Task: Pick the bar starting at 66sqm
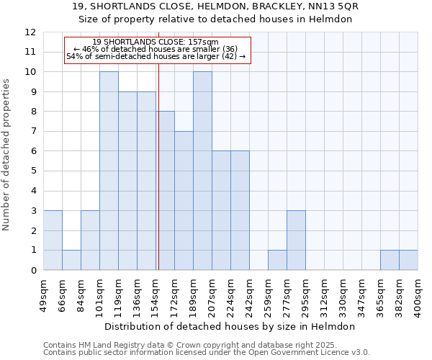coord(71,261)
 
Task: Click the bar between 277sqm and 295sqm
coord(296,240)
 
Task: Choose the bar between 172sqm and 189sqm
coord(184,201)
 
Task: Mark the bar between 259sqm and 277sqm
coord(277,261)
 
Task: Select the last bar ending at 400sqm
coord(408,261)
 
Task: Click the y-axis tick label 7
coord(32,132)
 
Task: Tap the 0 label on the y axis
coord(32,271)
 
